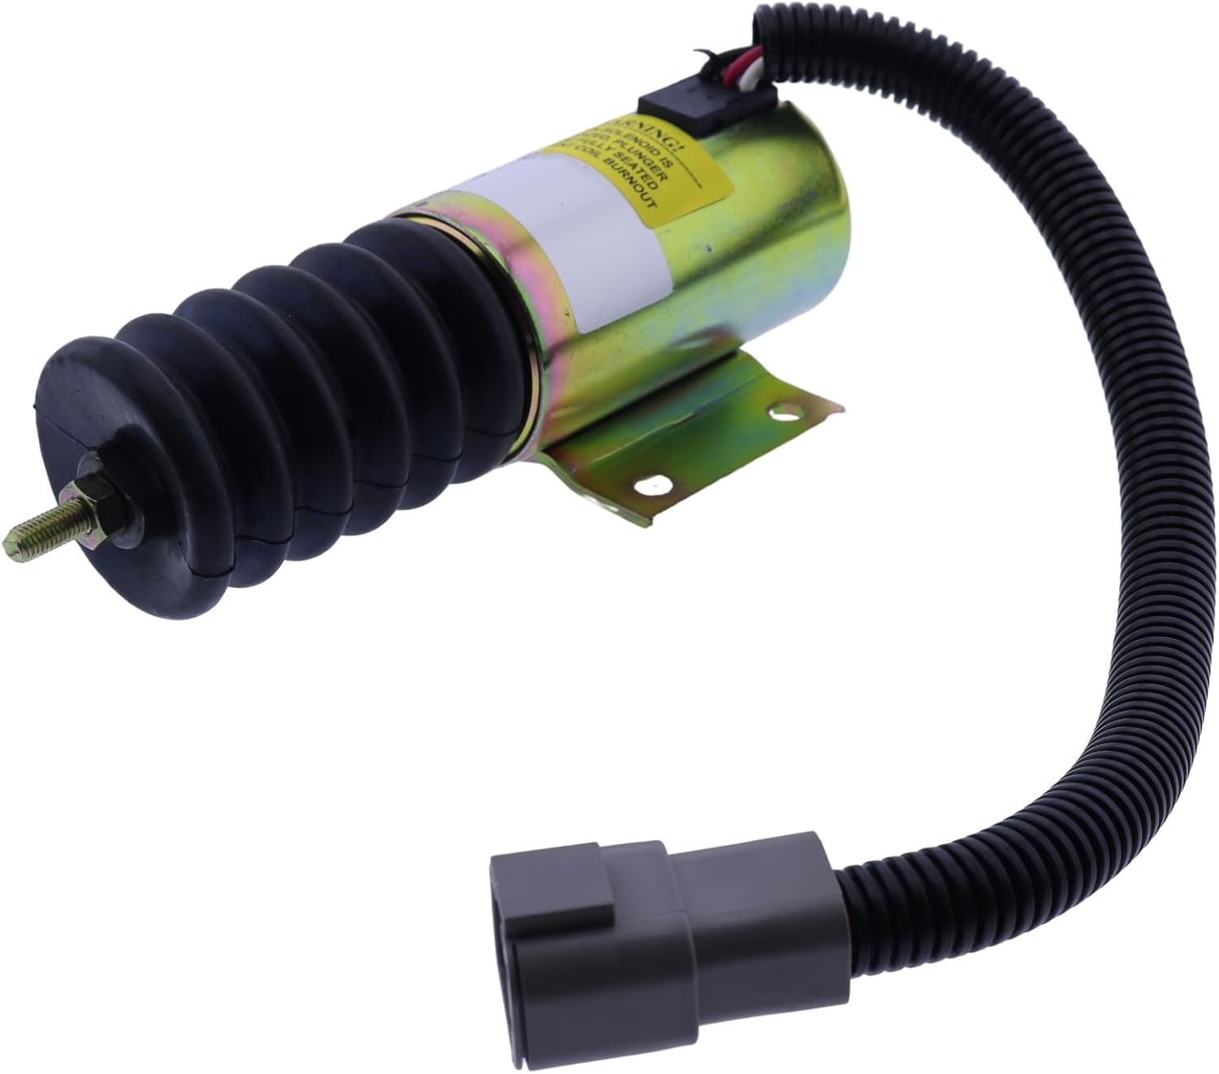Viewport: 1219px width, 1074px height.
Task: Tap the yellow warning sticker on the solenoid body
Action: (x=642, y=167)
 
